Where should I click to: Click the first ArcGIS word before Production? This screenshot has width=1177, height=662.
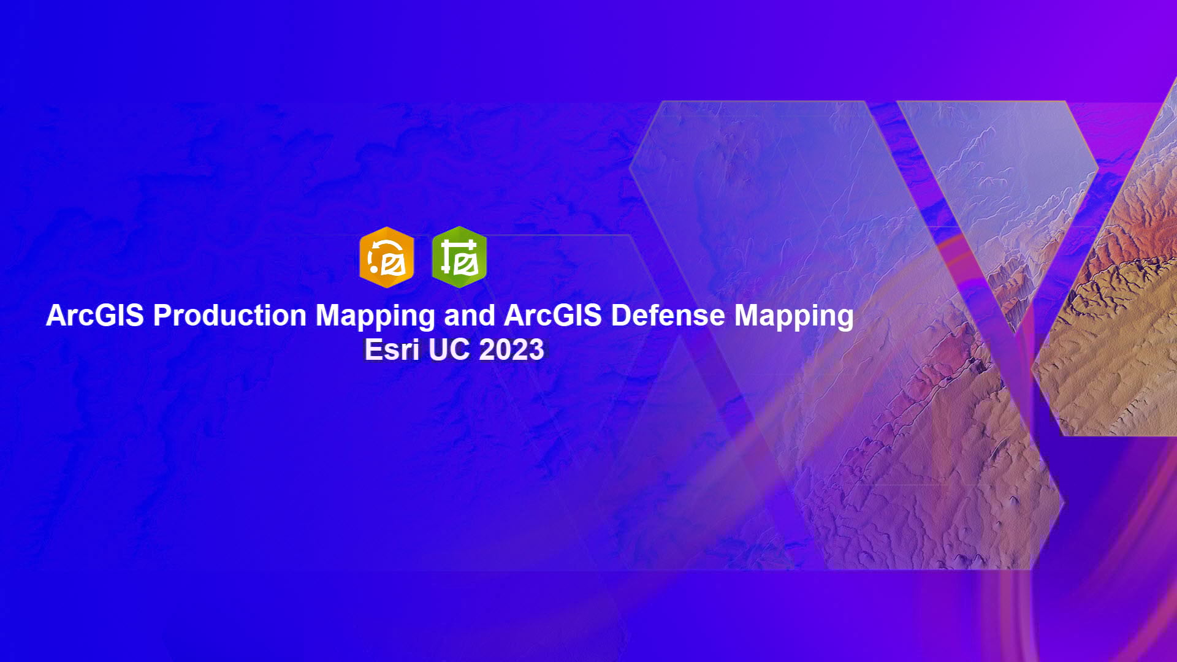pos(95,316)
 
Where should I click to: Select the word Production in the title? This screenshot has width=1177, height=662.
pos(230,316)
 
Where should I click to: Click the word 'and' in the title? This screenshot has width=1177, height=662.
pos(470,316)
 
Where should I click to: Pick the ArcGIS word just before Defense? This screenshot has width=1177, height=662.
pos(553,316)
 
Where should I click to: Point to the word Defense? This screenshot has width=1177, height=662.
pos(668,316)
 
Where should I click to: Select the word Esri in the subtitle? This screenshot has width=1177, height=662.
pos(392,350)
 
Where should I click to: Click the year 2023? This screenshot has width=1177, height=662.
pos(512,350)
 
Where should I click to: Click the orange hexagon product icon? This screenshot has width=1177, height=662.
pos(387,257)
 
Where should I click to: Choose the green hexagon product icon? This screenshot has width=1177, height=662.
pos(459,257)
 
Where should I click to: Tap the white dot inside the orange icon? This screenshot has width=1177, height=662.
pos(373,268)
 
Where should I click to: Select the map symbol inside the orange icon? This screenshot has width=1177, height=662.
pos(393,265)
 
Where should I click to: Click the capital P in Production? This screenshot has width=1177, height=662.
pos(162,316)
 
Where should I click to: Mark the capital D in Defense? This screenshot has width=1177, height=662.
pos(620,316)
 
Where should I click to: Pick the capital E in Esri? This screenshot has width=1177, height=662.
pos(373,350)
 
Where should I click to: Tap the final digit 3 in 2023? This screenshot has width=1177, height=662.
pos(536,350)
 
